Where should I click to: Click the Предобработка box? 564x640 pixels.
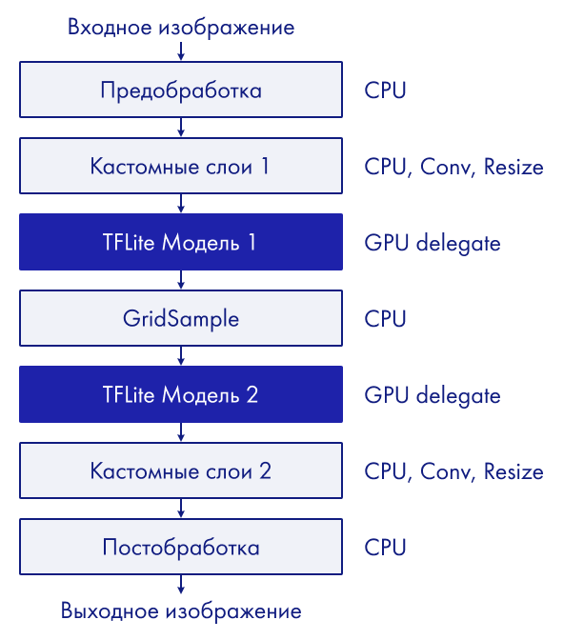coord(181,90)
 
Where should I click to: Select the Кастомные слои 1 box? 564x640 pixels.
coord(181,166)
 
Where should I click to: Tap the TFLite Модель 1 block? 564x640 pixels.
coord(181,242)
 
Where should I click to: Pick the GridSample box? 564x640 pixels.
coord(181,318)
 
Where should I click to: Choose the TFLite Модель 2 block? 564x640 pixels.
coord(181,394)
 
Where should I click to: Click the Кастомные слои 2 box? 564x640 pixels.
coord(181,470)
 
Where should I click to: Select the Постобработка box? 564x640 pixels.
coord(181,547)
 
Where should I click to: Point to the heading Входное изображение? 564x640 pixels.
coord(181,28)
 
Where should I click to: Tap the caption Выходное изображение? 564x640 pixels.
coord(181,611)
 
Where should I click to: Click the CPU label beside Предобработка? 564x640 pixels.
coord(385,90)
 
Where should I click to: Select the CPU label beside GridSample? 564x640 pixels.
coord(385,319)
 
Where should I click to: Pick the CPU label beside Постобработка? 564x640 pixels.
coord(385,548)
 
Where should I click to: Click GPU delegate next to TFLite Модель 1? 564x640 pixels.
coord(433,244)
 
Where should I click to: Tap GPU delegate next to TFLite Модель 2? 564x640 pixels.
coord(433,396)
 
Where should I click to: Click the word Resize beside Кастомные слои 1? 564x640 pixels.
coord(514,167)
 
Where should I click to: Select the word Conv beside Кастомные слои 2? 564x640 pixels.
coord(446,471)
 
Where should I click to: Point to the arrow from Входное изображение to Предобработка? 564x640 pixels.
coord(181,50)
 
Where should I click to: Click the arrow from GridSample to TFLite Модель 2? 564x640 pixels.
coord(181,356)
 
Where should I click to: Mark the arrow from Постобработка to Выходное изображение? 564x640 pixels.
coord(181,585)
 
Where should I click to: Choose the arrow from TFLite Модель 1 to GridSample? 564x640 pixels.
coord(181,280)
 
